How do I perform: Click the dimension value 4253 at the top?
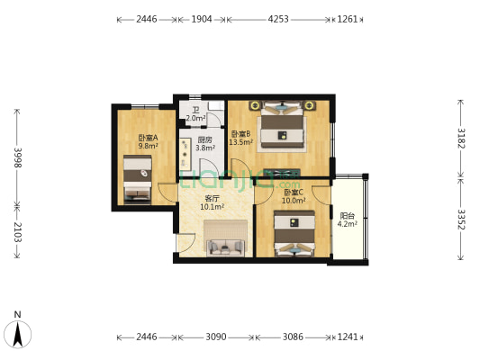coord(278,19)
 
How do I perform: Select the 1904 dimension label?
coord(202,19)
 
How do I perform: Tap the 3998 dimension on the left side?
coord(18,157)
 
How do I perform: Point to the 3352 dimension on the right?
coord(461,220)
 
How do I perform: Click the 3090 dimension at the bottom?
coord(216,337)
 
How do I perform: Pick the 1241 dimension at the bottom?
coord(348,337)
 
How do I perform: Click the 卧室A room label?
coord(149,138)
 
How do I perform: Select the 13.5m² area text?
coord(241,142)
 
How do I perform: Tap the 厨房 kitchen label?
coord(204,140)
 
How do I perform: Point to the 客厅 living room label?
coord(212,199)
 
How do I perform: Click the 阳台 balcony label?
coord(348,216)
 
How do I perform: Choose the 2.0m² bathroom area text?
coord(195,118)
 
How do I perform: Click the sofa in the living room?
coord(226,247)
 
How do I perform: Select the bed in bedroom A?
coord(138,179)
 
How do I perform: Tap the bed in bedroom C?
coord(294,233)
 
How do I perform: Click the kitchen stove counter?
coord(186,155)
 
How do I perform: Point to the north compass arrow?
coord(18,335)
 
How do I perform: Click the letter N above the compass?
coord(18,314)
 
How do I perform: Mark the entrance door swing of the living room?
coord(186,243)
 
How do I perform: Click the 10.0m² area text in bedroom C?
coord(294,201)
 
